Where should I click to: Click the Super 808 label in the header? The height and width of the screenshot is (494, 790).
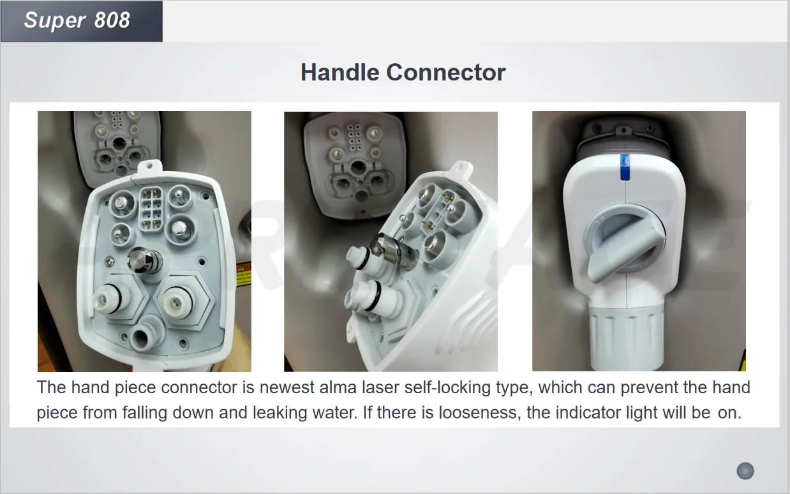pos(77,20)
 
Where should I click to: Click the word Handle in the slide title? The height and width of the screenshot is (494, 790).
pos(339,72)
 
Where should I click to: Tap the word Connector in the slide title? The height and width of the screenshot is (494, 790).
pos(446,72)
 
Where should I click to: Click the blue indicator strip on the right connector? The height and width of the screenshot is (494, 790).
pos(625,167)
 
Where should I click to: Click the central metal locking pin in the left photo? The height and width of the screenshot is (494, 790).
pos(144,260)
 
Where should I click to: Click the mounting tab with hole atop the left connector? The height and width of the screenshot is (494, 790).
pos(150,167)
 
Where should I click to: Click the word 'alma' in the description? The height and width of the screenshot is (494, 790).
pos(338,387)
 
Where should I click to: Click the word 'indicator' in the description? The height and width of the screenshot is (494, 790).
pos(588,412)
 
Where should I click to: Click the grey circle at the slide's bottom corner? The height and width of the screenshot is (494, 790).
pos(745,471)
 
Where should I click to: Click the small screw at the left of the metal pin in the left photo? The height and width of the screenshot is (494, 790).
pos(110,262)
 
